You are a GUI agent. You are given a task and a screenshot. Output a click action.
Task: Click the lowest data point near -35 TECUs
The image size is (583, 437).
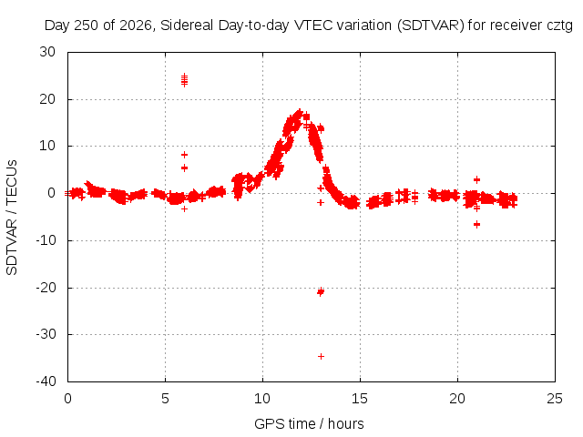tap(321, 356)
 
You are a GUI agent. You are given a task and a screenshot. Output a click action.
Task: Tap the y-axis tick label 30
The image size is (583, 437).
tap(47, 52)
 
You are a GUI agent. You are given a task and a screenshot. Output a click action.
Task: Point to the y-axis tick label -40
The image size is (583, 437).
tap(46, 381)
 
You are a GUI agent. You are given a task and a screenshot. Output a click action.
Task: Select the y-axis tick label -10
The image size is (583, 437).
tap(46, 240)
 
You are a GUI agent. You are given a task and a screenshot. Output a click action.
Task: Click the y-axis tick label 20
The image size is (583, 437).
tap(47, 99)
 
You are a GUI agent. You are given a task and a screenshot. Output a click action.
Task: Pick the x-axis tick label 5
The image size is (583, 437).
tap(165, 399)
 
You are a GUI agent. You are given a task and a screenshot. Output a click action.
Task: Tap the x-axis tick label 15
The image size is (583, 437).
tap(360, 399)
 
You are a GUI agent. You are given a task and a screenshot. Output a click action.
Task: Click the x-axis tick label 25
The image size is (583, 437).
tap(555, 399)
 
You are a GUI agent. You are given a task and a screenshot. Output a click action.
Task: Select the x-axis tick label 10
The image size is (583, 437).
tap(262, 399)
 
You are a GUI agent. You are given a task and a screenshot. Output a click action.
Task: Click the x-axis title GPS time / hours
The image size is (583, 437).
tap(309, 423)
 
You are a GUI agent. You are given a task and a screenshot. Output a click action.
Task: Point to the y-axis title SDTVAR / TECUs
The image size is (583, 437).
tap(12, 218)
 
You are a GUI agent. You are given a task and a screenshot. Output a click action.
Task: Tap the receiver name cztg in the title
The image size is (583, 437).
tap(560, 25)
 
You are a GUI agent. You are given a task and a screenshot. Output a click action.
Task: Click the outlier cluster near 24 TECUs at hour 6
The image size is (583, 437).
tap(184, 79)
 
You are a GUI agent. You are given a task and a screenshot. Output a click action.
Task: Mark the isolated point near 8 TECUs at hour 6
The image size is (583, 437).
tap(184, 155)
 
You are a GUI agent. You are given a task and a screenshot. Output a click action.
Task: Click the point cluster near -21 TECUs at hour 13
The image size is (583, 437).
tap(321, 291)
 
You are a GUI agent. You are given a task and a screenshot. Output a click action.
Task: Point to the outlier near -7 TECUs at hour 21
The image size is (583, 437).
tap(476, 224)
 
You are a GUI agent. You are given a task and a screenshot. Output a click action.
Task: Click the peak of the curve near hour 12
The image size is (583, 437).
tap(300, 111)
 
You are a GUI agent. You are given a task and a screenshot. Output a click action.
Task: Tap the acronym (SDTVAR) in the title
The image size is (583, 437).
tap(431, 25)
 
